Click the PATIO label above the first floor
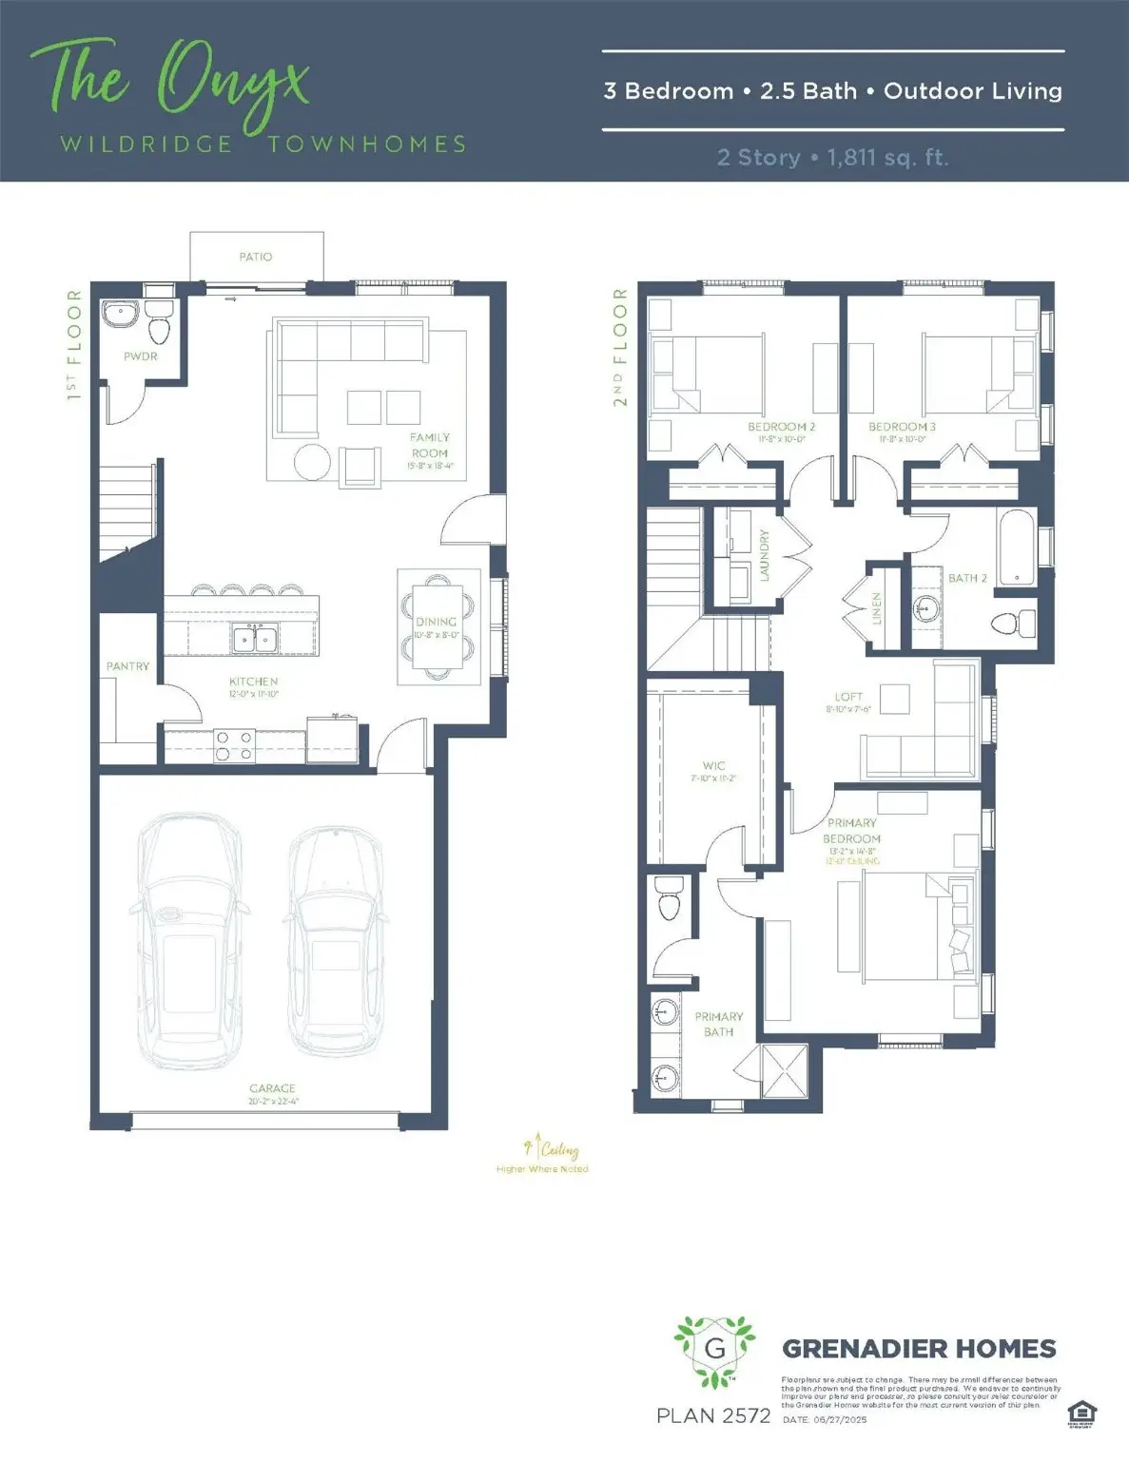(x=255, y=257)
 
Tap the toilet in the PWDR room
(x=159, y=324)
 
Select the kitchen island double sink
(x=255, y=639)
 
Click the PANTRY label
(x=127, y=666)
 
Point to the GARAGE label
(x=272, y=1088)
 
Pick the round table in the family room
(x=312, y=463)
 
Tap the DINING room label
(x=437, y=622)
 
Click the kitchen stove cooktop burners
(x=234, y=745)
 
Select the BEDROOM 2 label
(x=781, y=427)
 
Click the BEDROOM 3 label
(x=902, y=427)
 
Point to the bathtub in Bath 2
(x=1017, y=548)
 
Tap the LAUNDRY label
(x=764, y=556)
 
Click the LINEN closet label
(x=877, y=609)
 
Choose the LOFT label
(x=848, y=697)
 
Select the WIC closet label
(x=713, y=765)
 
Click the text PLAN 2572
(x=713, y=1415)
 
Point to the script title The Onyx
(x=171, y=81)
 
